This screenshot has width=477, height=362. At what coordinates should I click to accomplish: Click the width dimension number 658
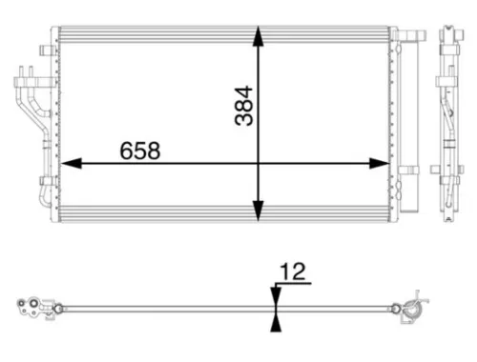[x=139, y=150]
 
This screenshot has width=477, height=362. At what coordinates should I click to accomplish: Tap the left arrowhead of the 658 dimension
[x=67, y=164]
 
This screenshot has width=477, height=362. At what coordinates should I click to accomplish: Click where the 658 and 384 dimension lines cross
[x=259, y=164]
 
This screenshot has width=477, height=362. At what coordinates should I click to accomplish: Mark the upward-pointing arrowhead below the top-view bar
[x=275, y=318]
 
